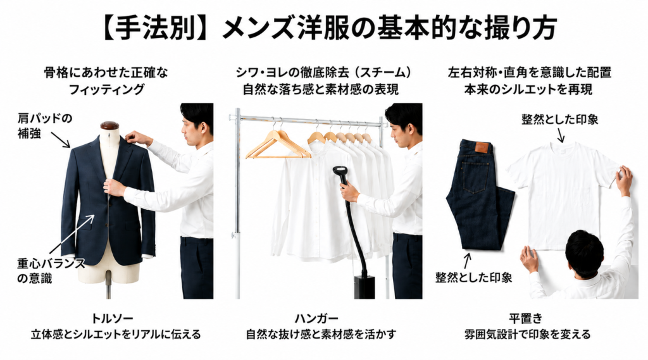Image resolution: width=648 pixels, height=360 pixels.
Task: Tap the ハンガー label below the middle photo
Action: pyautogui.click(x=316, y=318)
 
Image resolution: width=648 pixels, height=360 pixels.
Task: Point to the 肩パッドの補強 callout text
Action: pyautogui.click(x=45, y=126)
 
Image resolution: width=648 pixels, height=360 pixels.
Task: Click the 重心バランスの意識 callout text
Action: pyautogui.click(x=51, y=271)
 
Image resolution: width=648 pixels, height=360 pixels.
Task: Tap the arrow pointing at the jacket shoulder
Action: pyautogui.click(x=61, y=139)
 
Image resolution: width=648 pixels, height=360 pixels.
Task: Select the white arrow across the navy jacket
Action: pyautogui.click(x=72, y=234)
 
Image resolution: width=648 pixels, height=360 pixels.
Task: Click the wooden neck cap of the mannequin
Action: pyautogui.click(x=109, y=126)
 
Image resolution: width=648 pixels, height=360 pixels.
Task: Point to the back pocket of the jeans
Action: pyautogui.click(x=475, y=177)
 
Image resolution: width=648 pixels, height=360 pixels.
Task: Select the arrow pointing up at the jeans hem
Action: pyautogui.click(x=468, y=261)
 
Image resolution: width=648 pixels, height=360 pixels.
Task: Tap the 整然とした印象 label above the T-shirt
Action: pyautogui.click(x=559, y=120)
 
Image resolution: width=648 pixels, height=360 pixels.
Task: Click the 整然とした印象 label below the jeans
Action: pyautogui.click(x=473, y=277)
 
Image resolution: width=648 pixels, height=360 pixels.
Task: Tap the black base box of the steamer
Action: pyautogui.click(x=364, y=288)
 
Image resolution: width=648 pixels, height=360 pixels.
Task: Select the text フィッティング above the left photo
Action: pyautogui.click(x=106, y=89)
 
